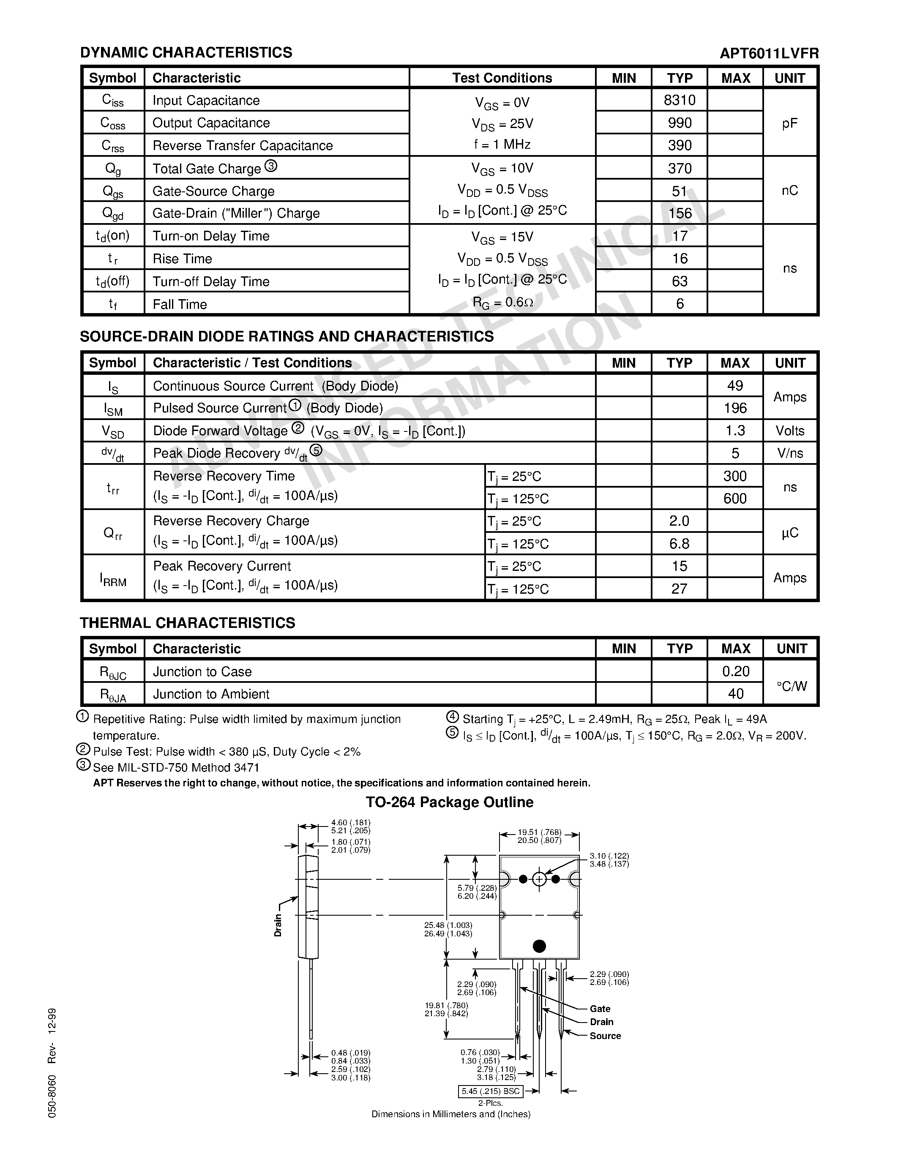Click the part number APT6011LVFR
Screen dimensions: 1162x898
click(x=769, y=53)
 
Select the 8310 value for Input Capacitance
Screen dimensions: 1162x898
click(x=680, y=100)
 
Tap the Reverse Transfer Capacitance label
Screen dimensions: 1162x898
click(x=243, y=146)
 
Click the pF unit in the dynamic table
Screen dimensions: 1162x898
click(x=789, y=123)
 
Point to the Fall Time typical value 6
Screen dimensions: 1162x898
click(x=680, y=304)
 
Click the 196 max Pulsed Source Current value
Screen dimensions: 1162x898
click(x=735, y=408)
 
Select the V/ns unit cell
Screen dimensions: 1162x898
click(x=789, y=453)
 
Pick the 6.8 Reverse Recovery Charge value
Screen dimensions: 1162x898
click(x=680, y=544)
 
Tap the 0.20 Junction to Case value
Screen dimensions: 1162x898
click(x=735, y=671)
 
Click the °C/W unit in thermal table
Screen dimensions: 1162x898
click(x=791, y=686)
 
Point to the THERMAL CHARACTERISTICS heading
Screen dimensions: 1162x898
click(x=187, y=623)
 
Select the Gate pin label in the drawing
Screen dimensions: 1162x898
click(x=600, y=1009)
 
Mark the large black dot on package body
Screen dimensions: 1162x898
click(x=539, y=946)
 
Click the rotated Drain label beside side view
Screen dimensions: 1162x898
click(x=278, y=926)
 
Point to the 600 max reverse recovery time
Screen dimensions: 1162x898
click(x=735, y=499)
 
